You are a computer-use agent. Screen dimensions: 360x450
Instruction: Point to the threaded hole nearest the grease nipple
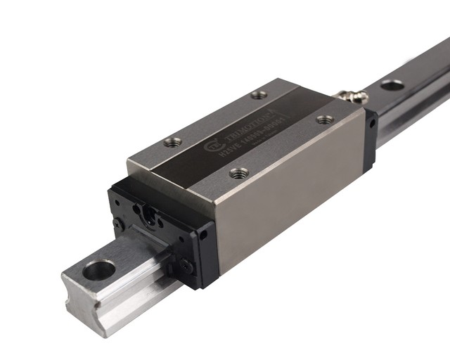pyautogui.click(x=323, y=120)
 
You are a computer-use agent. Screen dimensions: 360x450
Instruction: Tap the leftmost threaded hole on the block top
pyautogui.click(x=172, y=142)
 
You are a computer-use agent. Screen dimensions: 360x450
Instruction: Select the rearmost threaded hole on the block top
pyautogui.click(x=259, y=94)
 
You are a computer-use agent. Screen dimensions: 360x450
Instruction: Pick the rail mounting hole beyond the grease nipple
pyautogui.click(x=392, y=85)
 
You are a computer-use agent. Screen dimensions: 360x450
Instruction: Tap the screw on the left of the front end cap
pyautogui.click(x=118, y=224)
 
